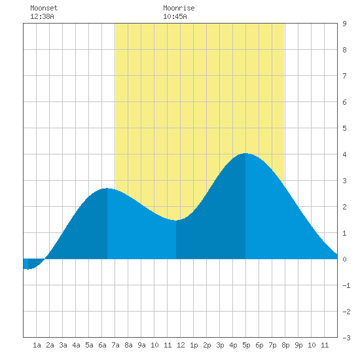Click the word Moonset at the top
pyautogui.click(x=44, y=8)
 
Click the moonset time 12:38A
pyautogui.click(x=42, y=16)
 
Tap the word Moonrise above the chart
pyautogui.click(x=179, y=8)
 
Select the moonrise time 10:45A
pyautogui.click(x=175, y=16)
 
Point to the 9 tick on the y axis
pyautogui.click(x=344, y=24)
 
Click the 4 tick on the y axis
pyautogui.click(x=344, y=154)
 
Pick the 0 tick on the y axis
pyautogui.click(x=344, y=259)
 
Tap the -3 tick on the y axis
pyautogui.click(x=346, y=338)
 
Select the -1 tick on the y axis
pyautogui.click(x=346, y=285)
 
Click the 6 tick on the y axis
pyautogui.click(x=344, y=102)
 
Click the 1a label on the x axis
pyautogui.click(x=37, y=345)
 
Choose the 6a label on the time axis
pyautogui.click(x=102, y=345)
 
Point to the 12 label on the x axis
pyautogui.click(x=181, y=345)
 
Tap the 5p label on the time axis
pyautogui.click(x=246, y=345)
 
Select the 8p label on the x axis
pyautogui.click(x=285, y=345)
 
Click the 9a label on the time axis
pyautogui.click(x=141, y=345)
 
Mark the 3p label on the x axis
pyautogui.click(x=220, y=345)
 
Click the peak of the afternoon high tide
pyautogui.click(x=245, y=153)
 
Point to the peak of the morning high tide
pyautogui.click(x=107, y=189)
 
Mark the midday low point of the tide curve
pyautogui.click(x=176, y=221)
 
